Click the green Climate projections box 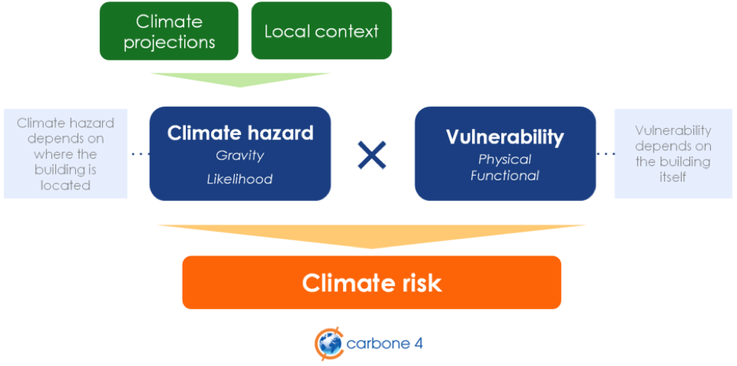coord(169,31)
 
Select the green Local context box coord(322,31)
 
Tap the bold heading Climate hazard coord(240,133)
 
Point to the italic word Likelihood coord(240,179)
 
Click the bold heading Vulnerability coord(505,137)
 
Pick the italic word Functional coord(505,176)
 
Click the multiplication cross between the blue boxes coord(372,154)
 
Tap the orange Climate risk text coord(372,283)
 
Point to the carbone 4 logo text coord(385,344)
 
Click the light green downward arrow coord(240,79)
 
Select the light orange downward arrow coord(372,235)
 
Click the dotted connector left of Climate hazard coord(140,153)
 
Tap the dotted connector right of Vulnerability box coord(605,153)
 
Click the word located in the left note coord(65,185)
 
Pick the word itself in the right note coord(673,178)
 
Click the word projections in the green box coord(169,42)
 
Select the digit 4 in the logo coord(418,344)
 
